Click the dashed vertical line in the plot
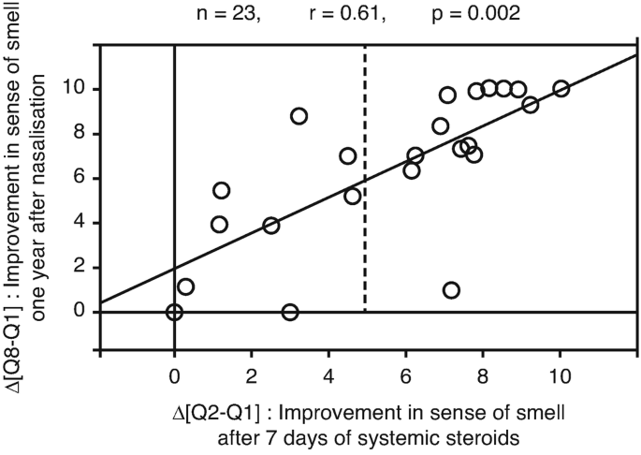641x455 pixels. [x=364, y=187]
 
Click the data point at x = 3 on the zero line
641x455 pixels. [x=290, y=312]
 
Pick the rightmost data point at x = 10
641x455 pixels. [x=561, y=89]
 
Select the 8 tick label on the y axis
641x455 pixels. [x=81, y=134]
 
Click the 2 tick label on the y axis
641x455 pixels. [x=81, y=268]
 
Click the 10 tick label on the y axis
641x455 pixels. [x=76, y=89]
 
